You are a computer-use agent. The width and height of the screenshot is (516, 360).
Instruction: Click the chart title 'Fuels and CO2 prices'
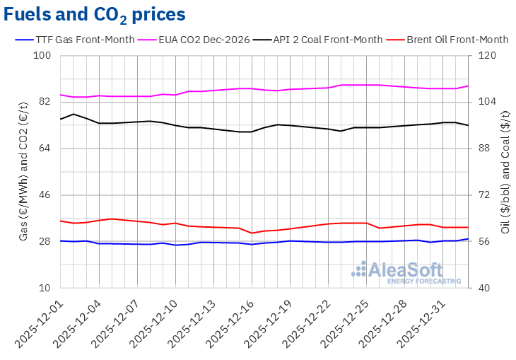click(95, 14)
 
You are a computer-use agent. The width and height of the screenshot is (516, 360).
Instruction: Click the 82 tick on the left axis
click(45, 102)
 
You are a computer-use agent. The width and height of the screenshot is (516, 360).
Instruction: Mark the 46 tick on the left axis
click(45, 194)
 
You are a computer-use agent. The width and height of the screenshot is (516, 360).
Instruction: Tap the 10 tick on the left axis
click(45, 288)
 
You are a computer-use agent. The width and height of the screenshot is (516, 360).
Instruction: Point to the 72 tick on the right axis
click(490, 194)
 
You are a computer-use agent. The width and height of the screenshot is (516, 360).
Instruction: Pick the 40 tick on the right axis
click(490, 288)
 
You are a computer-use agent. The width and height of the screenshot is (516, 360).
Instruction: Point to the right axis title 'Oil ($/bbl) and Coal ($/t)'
click(506, 172)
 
